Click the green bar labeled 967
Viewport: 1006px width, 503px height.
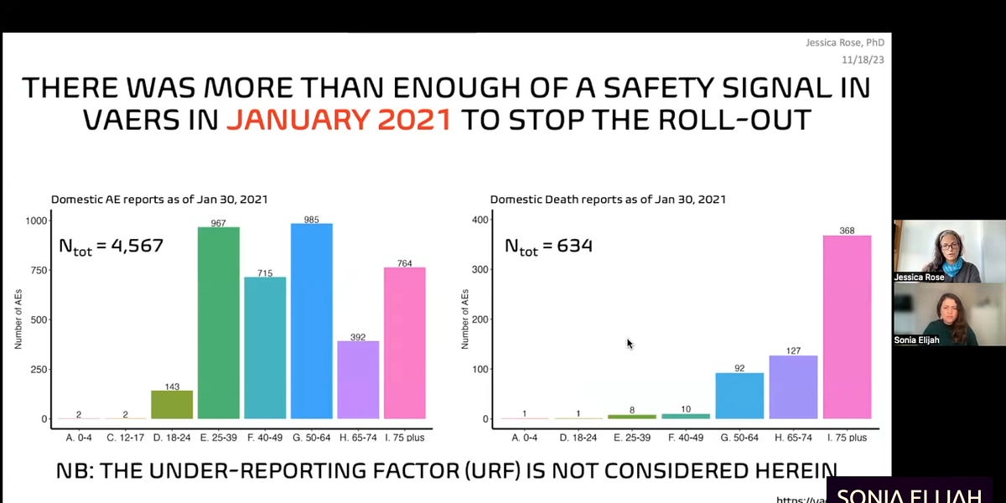219,323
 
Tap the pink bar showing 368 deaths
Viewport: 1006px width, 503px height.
847,327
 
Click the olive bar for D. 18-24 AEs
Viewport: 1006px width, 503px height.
172,405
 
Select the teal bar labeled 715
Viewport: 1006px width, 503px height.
265,347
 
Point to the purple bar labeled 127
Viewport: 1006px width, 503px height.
793,387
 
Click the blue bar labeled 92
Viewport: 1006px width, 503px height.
739,396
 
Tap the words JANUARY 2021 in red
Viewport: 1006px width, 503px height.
340,119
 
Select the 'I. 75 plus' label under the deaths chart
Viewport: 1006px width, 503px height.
847,437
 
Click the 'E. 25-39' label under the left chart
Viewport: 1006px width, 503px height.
219,437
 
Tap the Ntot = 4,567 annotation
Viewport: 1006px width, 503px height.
110,246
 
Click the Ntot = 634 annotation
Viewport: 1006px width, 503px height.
548,246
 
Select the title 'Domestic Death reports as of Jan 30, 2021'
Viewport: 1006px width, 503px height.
608,200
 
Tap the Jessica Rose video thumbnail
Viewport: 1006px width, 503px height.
936,251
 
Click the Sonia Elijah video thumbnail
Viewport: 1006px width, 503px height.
936,314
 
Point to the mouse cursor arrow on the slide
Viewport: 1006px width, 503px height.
630,343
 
